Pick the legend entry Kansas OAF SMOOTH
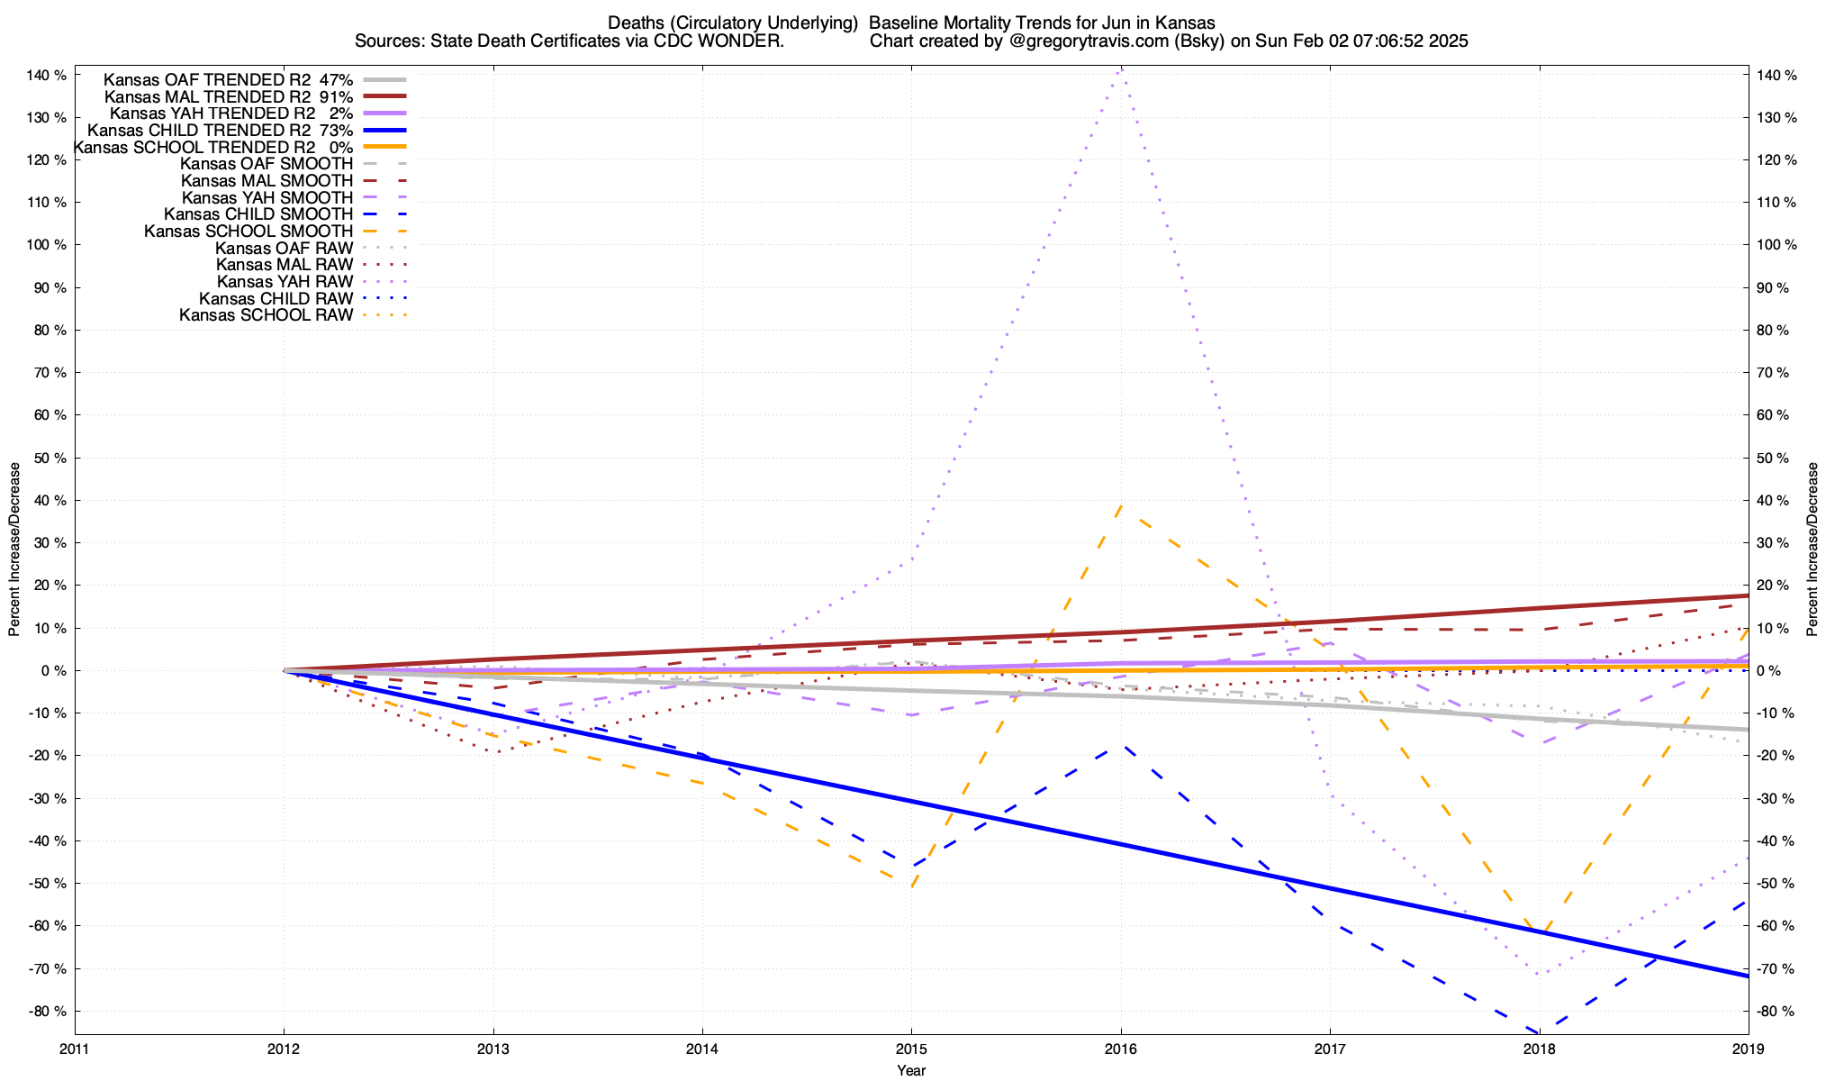tap(266, 164)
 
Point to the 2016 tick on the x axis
tap(1120, 1049)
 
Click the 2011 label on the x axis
tap(75, 1049)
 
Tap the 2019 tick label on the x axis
tap(1748, 1049)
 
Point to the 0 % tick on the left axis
tap(53, 671)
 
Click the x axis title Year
tap(911, 1070)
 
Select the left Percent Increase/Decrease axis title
tap(14, 550)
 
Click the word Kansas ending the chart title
tap(1190, 23)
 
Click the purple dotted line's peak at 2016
tap(1120, 68)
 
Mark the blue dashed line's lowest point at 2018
tap(1539, 1031)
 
